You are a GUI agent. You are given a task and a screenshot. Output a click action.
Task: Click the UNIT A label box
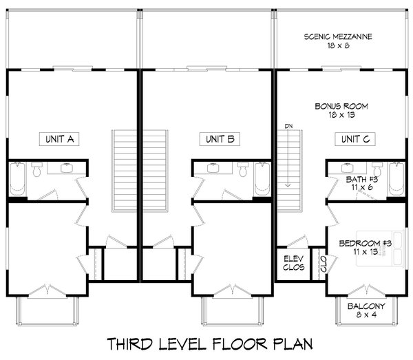tap(59, 139)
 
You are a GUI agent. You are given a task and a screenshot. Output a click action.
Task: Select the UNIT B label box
tap(220, 139)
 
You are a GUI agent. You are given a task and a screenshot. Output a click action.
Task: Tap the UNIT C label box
tap(355, 139)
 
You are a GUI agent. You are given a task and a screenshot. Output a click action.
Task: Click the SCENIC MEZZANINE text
tap(338, 36)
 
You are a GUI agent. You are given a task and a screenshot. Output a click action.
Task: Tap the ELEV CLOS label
tap(294, 263)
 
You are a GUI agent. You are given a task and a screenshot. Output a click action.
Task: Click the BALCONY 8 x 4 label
tap(366, 310)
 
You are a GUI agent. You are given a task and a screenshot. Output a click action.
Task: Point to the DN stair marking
tap(288, 126)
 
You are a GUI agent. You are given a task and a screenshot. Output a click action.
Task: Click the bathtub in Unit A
tap(17, 179)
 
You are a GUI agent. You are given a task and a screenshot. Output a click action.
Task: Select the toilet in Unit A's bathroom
tap(36, 169)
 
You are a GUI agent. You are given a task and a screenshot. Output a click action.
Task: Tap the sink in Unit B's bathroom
tap(213, 168)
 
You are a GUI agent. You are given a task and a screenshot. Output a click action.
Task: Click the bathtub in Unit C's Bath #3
tap(396, 179)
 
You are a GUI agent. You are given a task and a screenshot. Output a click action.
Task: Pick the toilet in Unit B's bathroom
tap(243, 169)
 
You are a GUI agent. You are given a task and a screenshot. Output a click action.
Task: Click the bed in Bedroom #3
tap(380, 248)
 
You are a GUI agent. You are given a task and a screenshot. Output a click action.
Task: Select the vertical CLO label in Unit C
tap(324, 264)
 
